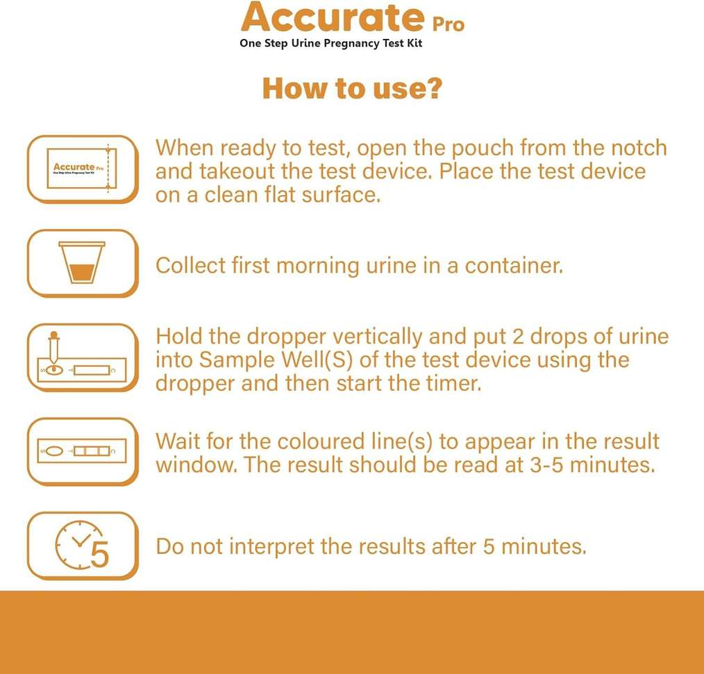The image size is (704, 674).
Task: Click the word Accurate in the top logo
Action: pos(333,17)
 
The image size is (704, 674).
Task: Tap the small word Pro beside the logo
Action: pos(448,24)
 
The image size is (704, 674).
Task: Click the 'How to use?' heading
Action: pos(353,88)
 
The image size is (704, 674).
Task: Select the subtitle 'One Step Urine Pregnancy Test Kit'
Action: pos(331,44)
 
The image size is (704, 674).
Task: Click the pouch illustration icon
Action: pos(82,169)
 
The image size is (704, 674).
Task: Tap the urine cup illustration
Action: pos(82,262)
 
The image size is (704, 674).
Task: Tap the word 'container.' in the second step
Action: pos(514,265)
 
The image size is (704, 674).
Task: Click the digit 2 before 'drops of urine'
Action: pos(518,337)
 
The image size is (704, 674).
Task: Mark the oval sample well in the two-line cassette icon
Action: pos(55,451)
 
